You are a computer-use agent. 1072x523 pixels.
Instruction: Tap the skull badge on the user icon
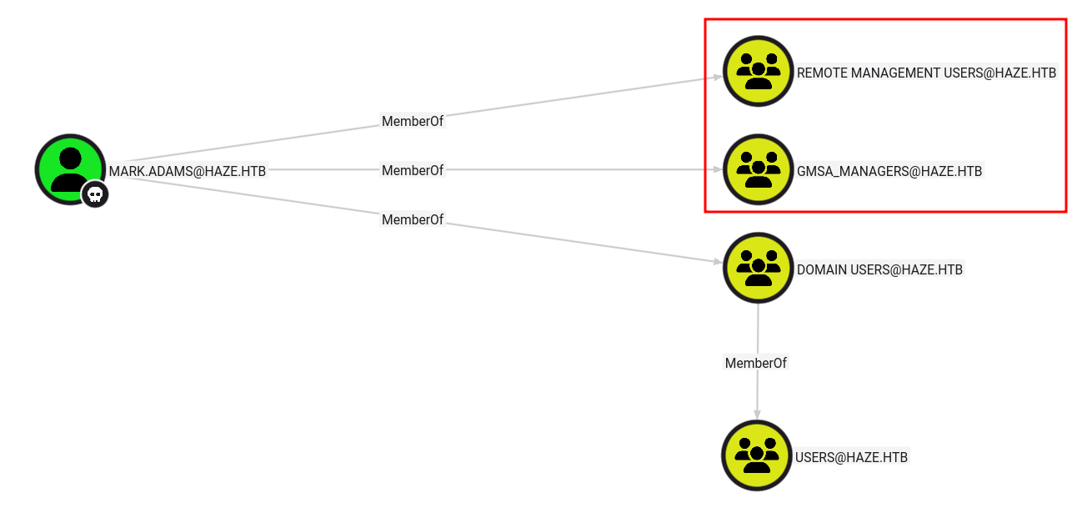point(95,195)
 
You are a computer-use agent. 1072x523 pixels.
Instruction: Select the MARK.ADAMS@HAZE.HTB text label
point(188,171)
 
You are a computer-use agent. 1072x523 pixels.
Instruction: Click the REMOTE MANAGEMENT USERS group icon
point(758,71)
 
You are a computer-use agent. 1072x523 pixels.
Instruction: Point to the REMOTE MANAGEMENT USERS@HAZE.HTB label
point(926,73)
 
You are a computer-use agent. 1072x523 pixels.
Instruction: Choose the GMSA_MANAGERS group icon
point(758,169)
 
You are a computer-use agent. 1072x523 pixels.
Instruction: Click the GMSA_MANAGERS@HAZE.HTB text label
point(889,171)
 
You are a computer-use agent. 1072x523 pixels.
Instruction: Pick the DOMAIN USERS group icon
point(758,268)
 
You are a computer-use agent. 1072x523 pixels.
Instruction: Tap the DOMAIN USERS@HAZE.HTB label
point(879,269)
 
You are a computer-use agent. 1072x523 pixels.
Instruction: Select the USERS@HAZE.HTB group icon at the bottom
point(756,455)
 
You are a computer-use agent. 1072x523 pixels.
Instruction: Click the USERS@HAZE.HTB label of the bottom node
point(851,457)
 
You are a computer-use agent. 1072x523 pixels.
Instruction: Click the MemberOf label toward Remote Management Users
point(413,121)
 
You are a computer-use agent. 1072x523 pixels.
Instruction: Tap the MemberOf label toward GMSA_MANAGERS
point(413,170)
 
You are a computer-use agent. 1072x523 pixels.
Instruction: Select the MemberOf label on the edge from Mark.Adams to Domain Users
point(413,219)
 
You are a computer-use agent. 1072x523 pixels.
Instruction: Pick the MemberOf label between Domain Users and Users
point(756,363)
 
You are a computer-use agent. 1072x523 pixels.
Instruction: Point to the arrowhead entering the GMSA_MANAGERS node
point(718,169)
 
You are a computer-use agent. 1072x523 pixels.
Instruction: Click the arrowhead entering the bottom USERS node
point(757,415)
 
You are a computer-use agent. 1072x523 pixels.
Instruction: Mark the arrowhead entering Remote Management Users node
point(717,78)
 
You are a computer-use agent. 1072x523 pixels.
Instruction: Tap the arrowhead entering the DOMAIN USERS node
point(717,262)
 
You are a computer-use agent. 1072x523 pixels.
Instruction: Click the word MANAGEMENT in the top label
point(895,73)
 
